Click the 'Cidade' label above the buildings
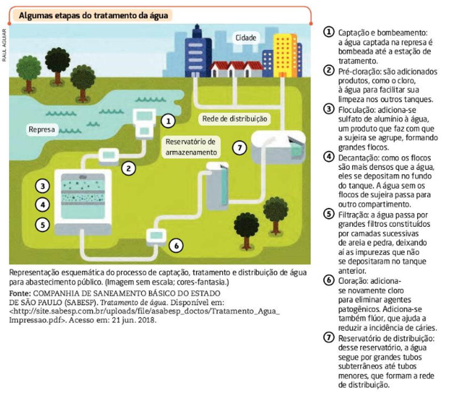click(246, 37)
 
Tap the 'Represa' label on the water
click(42, 129)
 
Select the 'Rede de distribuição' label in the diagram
click(235, 119)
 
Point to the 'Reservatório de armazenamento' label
click(191, 147)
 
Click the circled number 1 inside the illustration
click(168, 121)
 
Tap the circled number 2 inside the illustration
click(129, 168)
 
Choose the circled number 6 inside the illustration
click(176, 245)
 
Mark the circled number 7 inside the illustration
click(239, 148)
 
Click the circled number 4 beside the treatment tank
click(42, 205)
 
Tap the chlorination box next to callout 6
click(156, 236)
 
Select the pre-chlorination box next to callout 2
click(109, 156)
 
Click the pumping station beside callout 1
click(145, 122)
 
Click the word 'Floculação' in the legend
click(353, 110)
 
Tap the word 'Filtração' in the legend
click(351, 215)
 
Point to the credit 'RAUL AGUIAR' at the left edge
click(4, 45)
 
